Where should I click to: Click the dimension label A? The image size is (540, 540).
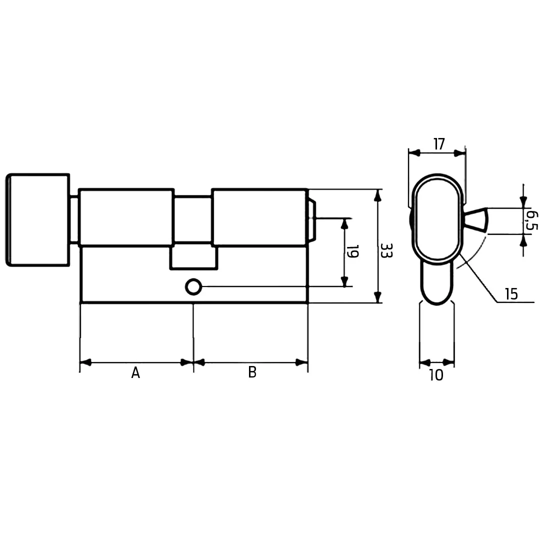tap(135, 372)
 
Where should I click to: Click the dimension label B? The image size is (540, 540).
tap(252, 372)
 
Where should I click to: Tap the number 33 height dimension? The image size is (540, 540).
tap(386, 250)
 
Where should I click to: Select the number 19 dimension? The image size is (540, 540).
tap(352, 251)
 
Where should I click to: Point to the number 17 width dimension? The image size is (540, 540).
tap(439, 144)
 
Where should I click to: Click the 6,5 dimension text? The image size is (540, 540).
tap(532, 221)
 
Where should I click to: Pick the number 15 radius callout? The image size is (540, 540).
tap(511, 294)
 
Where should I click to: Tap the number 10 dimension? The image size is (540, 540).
tap(436, 375)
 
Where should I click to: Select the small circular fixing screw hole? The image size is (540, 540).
tap(193, 287)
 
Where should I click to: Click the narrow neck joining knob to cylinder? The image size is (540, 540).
tap(74, 219)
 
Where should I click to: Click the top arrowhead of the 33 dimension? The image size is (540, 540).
tap(378, 195)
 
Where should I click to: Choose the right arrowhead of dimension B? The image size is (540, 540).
tap(301, 362)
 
